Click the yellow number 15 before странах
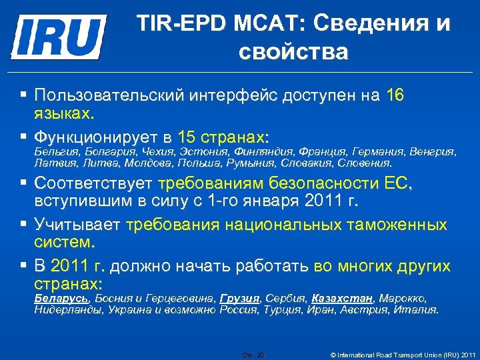188,138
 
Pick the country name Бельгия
54,151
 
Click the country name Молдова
151,162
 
